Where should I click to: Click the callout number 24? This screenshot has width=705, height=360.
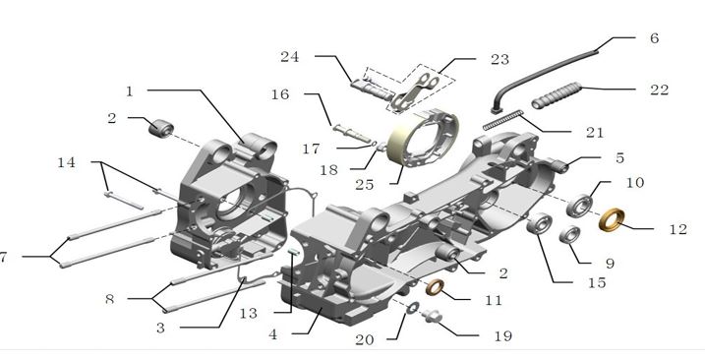289,57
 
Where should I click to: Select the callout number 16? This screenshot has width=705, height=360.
280,95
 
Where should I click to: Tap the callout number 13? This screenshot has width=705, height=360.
248,313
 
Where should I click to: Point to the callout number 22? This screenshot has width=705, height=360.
659,90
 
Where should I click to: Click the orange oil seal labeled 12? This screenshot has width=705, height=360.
612,220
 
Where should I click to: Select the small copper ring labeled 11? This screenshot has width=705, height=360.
435,287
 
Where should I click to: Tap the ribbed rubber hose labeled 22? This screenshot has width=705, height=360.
557,95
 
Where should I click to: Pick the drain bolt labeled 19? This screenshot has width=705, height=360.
432,316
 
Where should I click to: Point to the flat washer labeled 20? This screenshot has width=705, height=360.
412,308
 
